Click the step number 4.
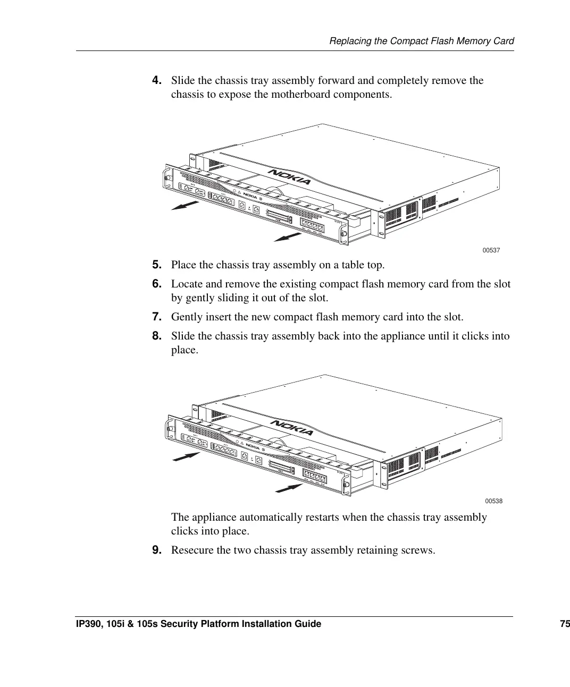tap(157, 80)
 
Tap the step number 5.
tap(157, 265)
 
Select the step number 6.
tap(157, 284)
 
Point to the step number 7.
tap(157, 317)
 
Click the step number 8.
tap(157, 336)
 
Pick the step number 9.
tap(157, 550)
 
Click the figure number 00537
tap(491, 250)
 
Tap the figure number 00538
tap(493, 501)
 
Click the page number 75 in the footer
tap(564, 624)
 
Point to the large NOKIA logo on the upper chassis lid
tap(290, 177)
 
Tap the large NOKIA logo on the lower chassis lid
tap(292, 427)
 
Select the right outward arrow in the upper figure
tap(288, 236)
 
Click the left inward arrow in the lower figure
tap(186, 457)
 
